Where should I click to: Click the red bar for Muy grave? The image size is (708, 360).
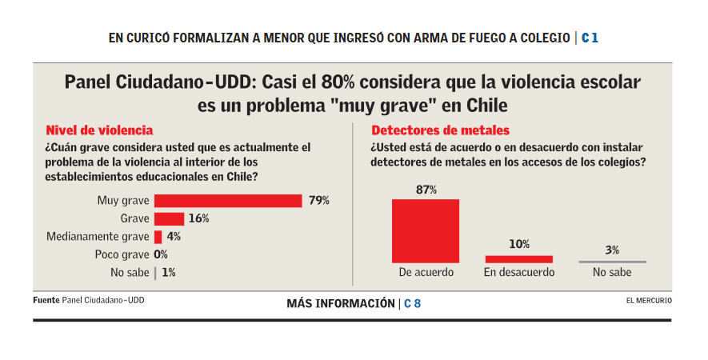228,201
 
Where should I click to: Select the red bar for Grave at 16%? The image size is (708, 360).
169,218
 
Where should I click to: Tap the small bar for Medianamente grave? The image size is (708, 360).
158,237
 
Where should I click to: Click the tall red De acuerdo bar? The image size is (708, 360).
426,230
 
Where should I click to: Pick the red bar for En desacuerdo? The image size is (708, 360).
518,259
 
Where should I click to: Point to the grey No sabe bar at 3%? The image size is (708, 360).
612,262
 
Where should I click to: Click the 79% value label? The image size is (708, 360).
319,201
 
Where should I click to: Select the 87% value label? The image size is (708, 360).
426,190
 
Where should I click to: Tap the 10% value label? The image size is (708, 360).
518,245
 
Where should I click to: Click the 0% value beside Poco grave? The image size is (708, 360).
161,254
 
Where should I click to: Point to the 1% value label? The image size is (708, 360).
168,273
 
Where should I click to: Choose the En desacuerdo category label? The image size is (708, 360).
518,273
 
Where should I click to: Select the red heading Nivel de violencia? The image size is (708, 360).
99,130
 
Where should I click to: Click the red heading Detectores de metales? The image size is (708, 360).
440,130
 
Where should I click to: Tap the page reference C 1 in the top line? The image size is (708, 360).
590,38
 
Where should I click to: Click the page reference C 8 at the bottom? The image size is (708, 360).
413,303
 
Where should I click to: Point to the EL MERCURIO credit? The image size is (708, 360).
649,301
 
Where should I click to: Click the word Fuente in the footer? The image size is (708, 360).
46,301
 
